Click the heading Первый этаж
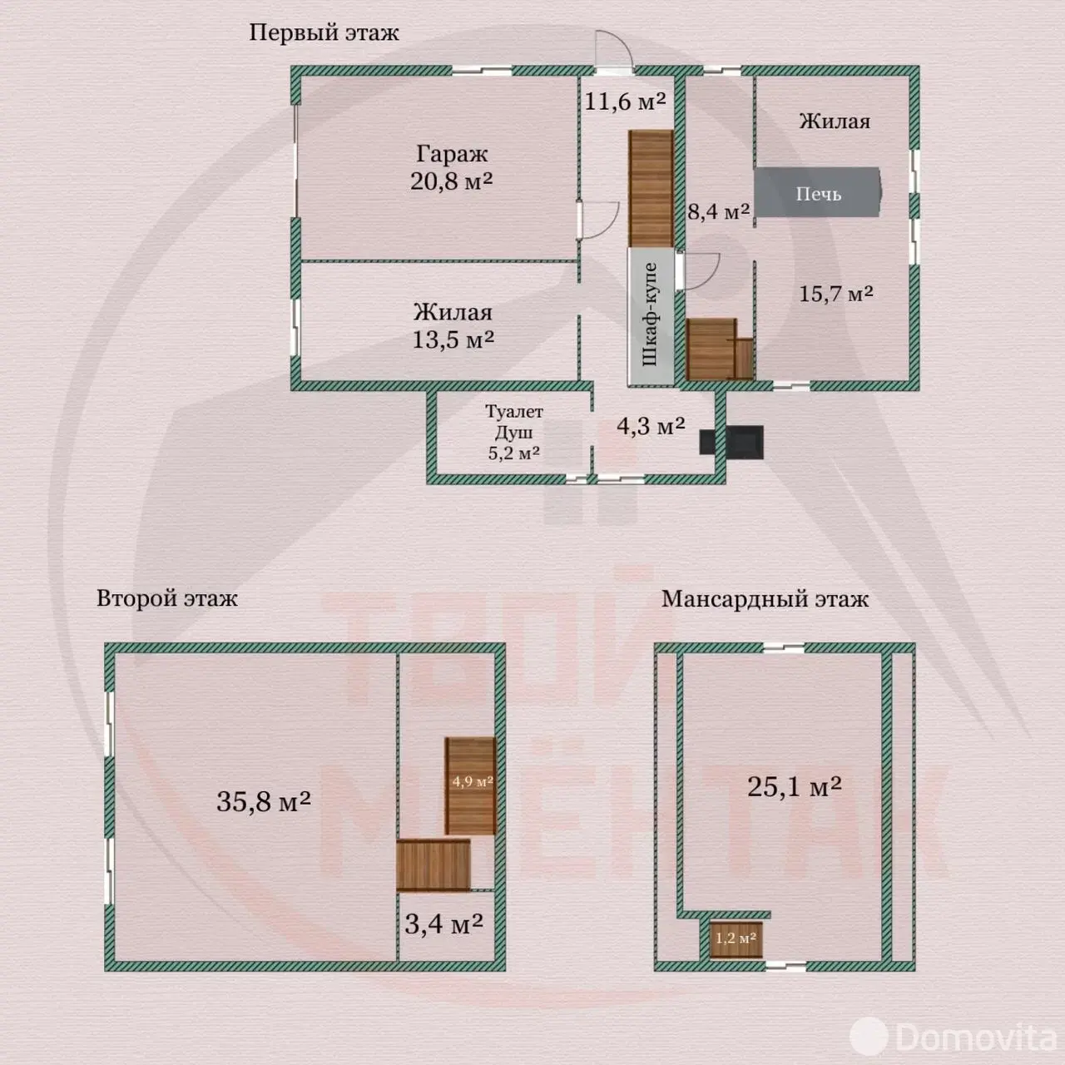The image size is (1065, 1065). point(324,32)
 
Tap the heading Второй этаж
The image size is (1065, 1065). point(166,598)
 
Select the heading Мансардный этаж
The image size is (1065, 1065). point(765,599)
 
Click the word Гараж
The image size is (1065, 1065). point(452,154)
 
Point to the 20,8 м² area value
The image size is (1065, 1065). point(451,181)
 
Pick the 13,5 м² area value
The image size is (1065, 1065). point(453,339)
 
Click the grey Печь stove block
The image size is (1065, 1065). point(817,193)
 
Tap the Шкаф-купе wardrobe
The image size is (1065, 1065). point(651,315)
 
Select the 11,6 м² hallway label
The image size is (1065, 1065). point(624,102)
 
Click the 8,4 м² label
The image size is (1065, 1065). point(718,211)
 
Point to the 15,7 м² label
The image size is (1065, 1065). point(835,294)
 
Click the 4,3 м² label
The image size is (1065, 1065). point(650,427)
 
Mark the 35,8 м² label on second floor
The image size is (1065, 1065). point(263,801)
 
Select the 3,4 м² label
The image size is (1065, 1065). point(443,924)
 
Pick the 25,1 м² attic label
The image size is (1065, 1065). point(794,786)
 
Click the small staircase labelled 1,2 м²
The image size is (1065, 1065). point(736,939)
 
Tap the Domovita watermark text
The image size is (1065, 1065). point(976,1037)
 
